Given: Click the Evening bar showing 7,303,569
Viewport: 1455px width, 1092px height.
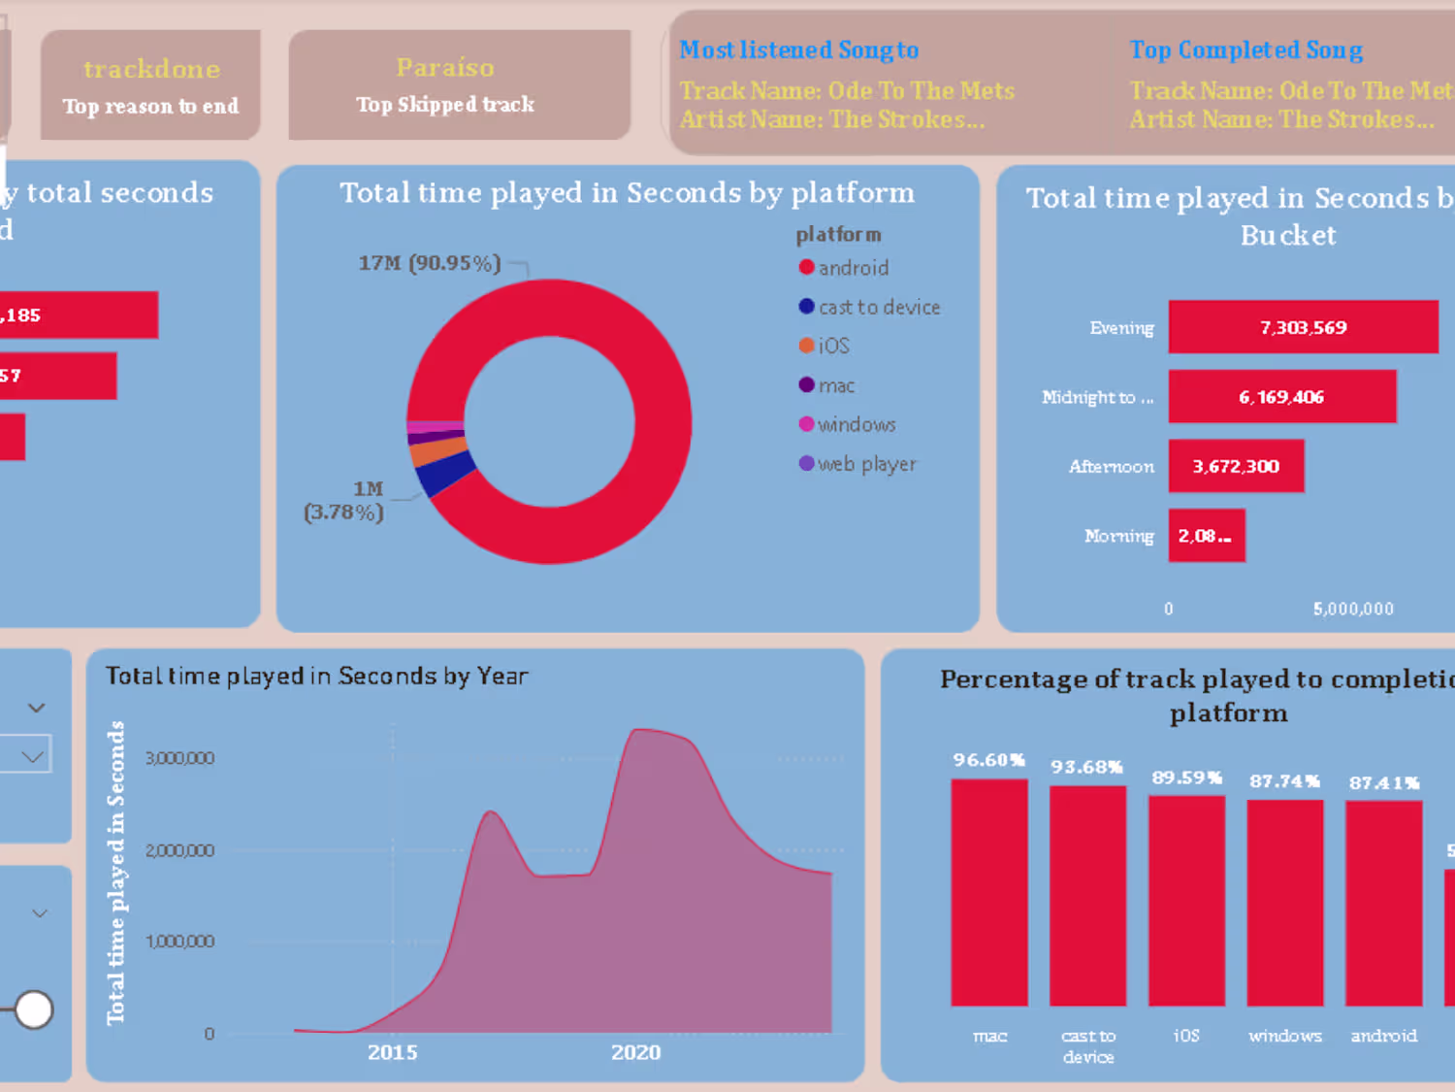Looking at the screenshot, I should tap(1303, 327).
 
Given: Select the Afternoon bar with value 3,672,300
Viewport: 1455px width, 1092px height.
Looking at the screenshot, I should tap(1236, 466).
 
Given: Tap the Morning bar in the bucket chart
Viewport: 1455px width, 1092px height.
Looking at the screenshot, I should tap(1206, 536).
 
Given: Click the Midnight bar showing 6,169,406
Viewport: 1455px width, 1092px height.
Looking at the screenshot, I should tap(1281, 397).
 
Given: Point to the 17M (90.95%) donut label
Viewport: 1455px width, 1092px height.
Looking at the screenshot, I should tap(430, 263).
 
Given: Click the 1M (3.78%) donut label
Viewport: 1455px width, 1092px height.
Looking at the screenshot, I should tap(344, 501).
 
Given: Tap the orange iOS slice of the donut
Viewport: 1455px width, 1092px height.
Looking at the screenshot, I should tap(437, 451).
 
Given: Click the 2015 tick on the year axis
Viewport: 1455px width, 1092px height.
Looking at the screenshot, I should tap(392, 1052).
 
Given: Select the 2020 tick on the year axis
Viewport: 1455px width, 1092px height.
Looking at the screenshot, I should tap(635, 1052).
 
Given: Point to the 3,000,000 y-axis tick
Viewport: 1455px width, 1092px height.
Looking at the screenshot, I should tap(179, 758).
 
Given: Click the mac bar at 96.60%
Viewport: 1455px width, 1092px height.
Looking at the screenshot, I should tap(988, 891).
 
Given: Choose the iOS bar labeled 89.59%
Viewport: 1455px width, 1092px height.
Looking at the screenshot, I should tap(1186, 900).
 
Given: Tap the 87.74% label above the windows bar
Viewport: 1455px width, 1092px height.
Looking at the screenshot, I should tap(1284, 781).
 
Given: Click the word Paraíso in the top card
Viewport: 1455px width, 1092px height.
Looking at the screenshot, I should tap(445, 68).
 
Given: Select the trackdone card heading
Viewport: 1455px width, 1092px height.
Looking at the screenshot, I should tap(151, 70).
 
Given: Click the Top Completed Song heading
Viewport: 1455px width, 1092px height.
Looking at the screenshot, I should tap(1245, 50).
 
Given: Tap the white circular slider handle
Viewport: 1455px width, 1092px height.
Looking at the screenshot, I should tap(34, 1009).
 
